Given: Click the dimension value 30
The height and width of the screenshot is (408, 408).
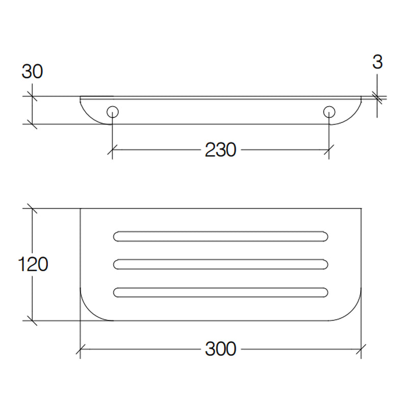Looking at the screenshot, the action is click(x=32, y=71).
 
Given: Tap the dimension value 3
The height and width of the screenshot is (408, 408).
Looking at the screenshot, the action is click(x=377, y=62).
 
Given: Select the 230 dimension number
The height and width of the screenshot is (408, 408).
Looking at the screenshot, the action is click(x=221, y=150).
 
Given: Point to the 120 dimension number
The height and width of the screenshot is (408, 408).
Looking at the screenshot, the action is click(x=33, y=264).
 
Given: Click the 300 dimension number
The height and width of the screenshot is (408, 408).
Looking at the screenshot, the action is click(x=221, y=349).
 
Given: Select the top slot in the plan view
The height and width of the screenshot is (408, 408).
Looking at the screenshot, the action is click(x=221, y=236).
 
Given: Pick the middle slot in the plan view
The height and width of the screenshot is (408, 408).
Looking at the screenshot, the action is click(x=221, y=264).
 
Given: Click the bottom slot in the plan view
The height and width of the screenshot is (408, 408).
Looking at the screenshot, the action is click(x=221, y=292).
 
